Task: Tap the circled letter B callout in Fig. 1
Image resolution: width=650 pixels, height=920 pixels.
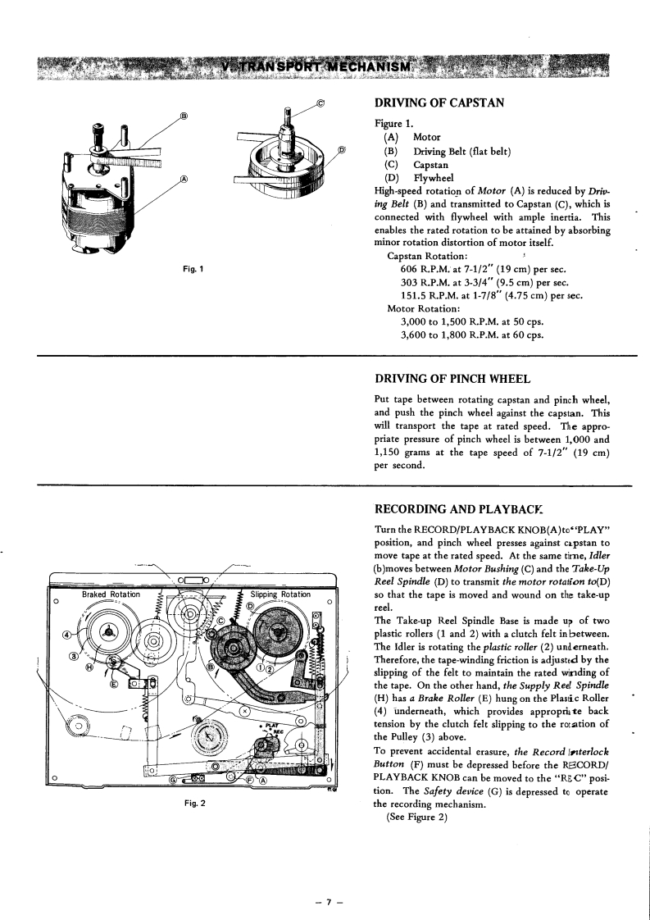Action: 184,116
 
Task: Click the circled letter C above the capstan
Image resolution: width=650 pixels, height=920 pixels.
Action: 320,104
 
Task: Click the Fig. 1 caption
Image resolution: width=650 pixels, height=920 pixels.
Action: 194,269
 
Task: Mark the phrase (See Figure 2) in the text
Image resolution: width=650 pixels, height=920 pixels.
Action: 422,827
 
